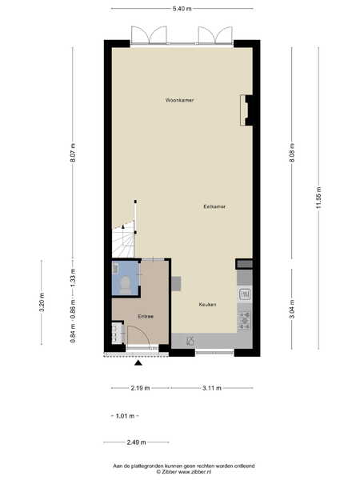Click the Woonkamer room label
pyautogui.click(x=179, y=100)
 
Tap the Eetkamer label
pyautogui.click(x=214, y=206)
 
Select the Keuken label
pyautogui.click(x=207, y=304)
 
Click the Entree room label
pyautogui.click(x=146, y=316)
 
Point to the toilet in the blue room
pyautogui.click(x=126, y=284)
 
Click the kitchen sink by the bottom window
pyautogui.click(x=190, y=341)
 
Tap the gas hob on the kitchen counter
pyautogui.click(x=244, y=319)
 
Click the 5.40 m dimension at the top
pyautogui.click(x=182, y=9)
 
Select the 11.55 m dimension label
pyautogui.click(x=318, y=198)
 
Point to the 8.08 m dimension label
pyautogui.click(x=292, y=154)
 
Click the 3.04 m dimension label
pyautogui.click(x=292, y=309)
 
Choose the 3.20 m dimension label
pyautogui.click(x=42, y=302)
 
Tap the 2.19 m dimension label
pyautogui.click(x=140, y=388)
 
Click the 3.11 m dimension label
pyautogui.click(x=212, y=388)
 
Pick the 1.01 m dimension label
pyautogui.click(x=126, y=416)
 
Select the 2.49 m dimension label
pyautogui.click(x=136, y=442)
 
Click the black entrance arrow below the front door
pyautogui.click(x=138, y=362)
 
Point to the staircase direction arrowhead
pyautogui.click(x=123, y=226)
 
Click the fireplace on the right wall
pyautogui.click(x=246, y=110)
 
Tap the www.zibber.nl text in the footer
pyautogui.click(x=194, y=472)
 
